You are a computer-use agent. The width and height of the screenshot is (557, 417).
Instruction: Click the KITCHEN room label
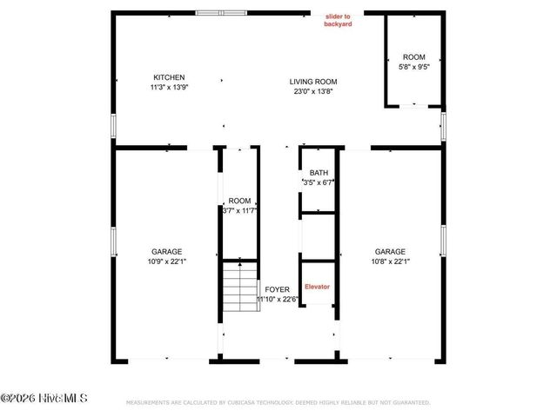[169, 77]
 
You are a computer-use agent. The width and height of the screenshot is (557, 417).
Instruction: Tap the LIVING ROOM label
[312, 82]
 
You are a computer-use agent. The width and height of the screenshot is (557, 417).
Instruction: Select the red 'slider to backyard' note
[339, 21]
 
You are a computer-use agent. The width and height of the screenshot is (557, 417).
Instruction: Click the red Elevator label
[317, 287]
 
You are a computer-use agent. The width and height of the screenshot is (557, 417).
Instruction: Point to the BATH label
[318, 173]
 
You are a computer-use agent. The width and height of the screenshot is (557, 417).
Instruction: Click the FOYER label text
[277, 289]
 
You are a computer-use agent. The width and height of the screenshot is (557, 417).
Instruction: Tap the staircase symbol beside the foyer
[238, 289]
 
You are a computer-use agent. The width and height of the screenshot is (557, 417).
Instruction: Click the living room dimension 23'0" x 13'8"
[312, 91]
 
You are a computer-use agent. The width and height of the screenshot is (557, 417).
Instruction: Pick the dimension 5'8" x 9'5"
[414, 66]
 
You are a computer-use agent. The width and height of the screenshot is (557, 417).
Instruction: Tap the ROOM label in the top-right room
[414, 56]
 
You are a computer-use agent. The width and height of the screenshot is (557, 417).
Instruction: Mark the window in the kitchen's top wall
[221, 13]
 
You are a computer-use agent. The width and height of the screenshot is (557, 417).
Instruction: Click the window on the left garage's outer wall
[113, 241]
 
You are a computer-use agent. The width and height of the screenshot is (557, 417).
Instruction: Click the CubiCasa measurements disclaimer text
[278, 403]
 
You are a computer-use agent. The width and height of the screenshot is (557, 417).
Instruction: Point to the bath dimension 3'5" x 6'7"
[318, 182]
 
